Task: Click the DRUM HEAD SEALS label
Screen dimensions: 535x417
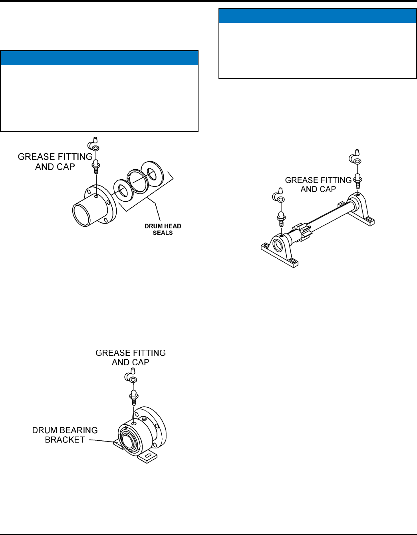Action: point(163,229)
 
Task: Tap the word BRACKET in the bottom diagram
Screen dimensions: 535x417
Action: point(65,440)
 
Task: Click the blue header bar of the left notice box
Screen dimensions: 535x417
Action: point(99,58)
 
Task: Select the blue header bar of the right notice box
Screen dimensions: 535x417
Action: point(318,16)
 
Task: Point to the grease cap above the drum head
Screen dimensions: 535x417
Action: point(93,145)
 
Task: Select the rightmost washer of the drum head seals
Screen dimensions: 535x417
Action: point(152,172)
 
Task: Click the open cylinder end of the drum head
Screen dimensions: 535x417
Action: point(83,216)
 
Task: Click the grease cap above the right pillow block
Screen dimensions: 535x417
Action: point(355,157)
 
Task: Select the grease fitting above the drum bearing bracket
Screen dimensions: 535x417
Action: point(134,398)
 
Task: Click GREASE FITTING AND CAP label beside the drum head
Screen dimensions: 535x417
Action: point(55,162)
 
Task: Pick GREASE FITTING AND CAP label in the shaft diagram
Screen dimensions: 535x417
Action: point(318,184)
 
